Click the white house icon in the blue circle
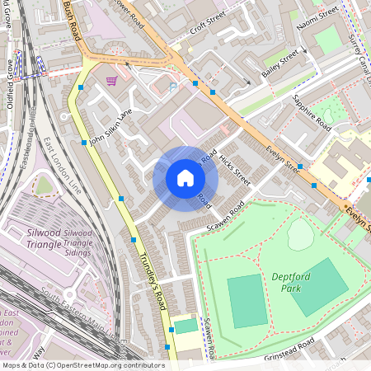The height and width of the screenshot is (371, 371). pyautogui.click(x=185, y=178)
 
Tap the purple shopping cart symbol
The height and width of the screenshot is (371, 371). pyautogui.click(x=111, y=81)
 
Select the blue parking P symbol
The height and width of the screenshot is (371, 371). pyautogui.click(x=173, y=86)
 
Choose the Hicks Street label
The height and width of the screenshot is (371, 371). pyautogui.click(x=230, y=166)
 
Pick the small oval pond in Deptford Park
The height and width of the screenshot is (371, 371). pyautogui.click(x=300, y=235)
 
